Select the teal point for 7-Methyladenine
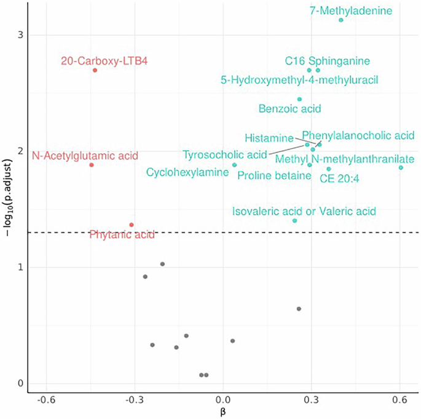coord(341,20)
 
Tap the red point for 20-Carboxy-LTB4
coord(95,70)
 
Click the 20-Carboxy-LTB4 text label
coord(104,61)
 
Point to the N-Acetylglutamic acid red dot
coord(92,165)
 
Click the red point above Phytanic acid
coord(132,225)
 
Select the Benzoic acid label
coord(290,109)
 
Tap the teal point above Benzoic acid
coord(300,99)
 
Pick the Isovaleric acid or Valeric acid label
coord(304,212)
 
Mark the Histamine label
coord(269,137)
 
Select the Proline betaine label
coord(274,176)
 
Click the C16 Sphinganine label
coord(328,61)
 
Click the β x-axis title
coord(224,413)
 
